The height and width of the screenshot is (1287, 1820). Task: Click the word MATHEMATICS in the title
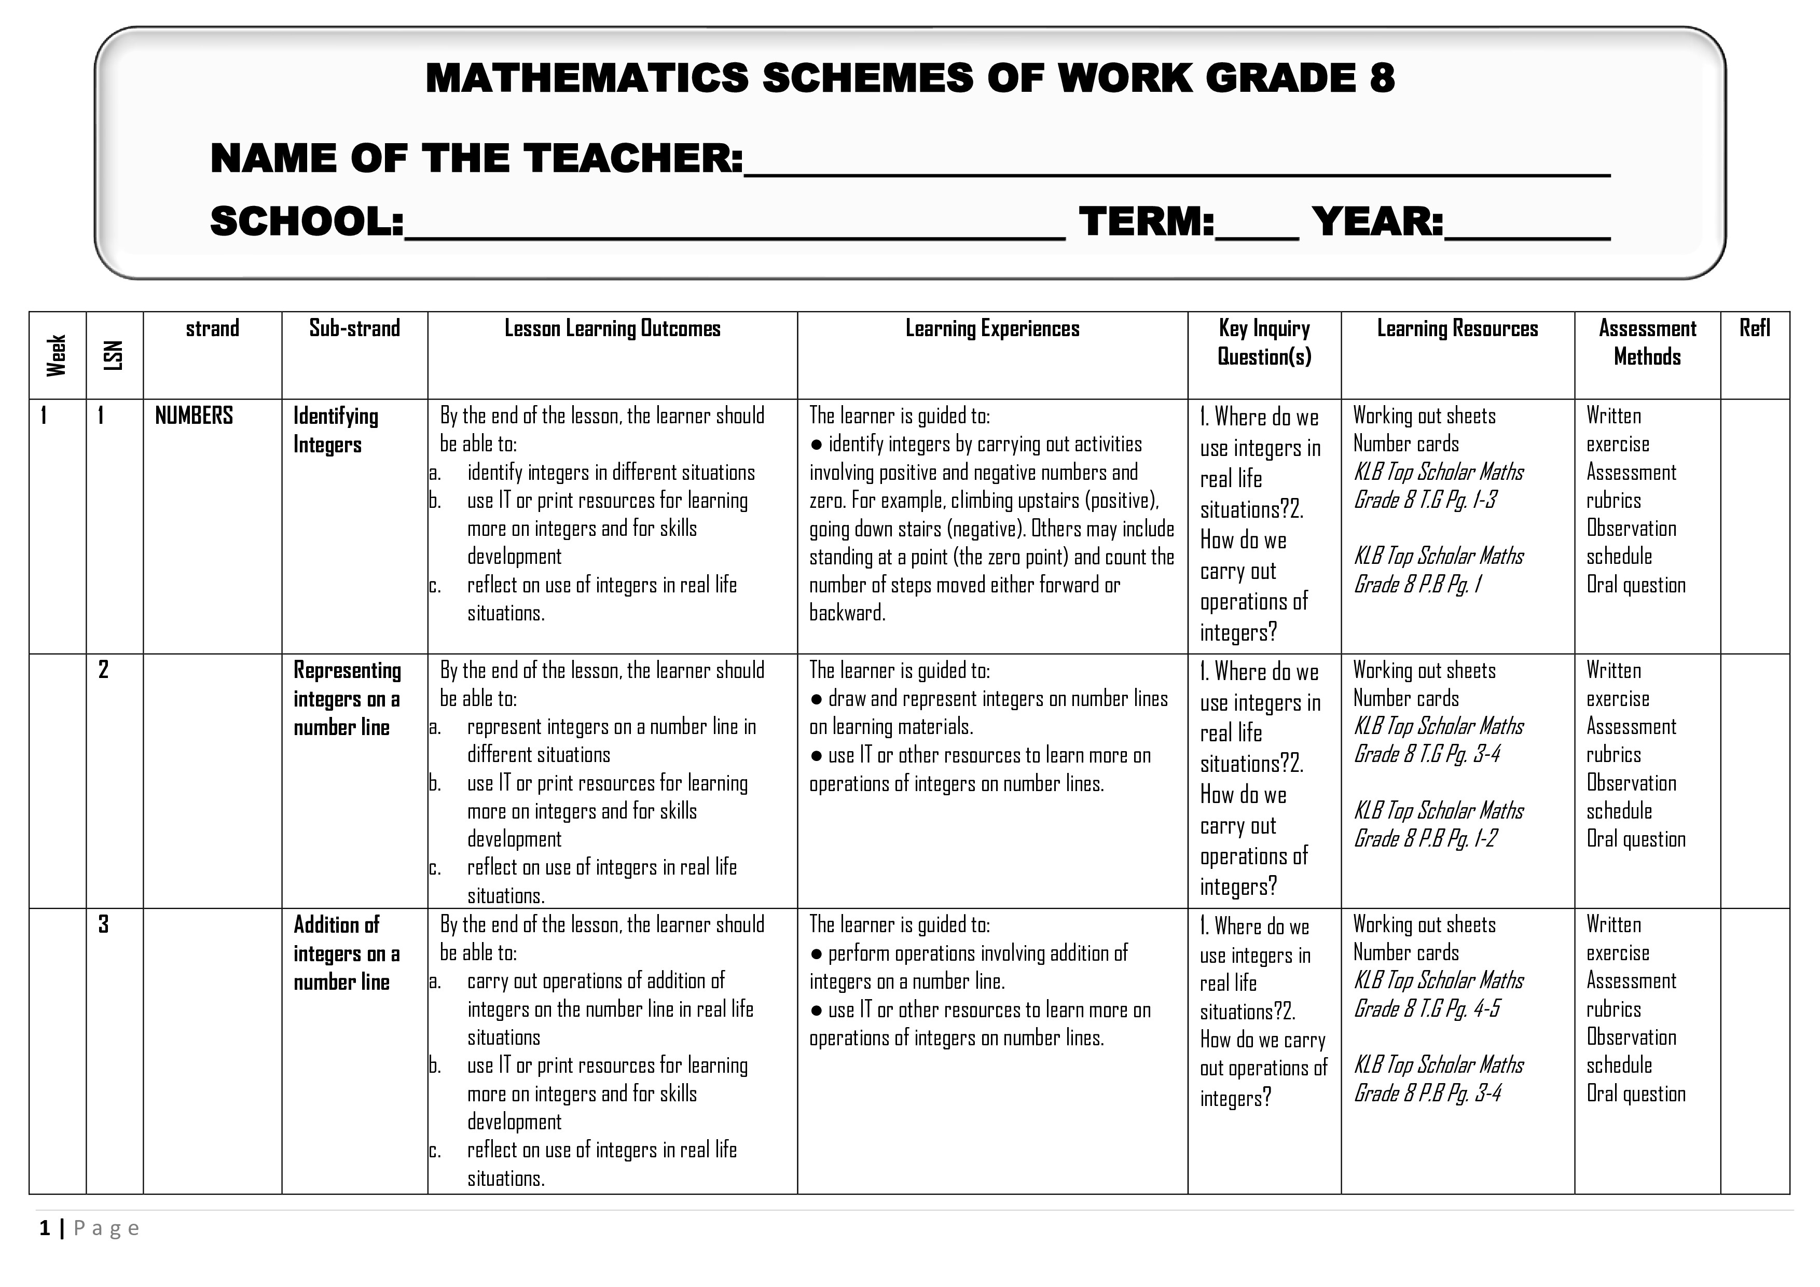coord(587,78)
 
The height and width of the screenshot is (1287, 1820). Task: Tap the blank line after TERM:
coord(1257,226)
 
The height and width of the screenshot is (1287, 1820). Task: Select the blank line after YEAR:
coord(1527,226)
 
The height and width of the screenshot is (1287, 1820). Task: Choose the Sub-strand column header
coord(354,328)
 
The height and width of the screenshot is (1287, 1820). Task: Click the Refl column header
coord(1754,328)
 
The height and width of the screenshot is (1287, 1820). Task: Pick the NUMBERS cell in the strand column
coord(194,416)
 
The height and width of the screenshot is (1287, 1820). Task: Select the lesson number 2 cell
coord(103,670)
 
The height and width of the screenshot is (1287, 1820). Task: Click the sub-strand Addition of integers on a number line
coord(347,953)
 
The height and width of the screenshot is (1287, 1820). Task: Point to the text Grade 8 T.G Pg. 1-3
coord(1425,500)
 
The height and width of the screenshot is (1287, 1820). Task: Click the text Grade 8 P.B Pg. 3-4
coord(1427,1094)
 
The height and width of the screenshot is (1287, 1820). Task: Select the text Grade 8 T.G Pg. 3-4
coord(1427,754)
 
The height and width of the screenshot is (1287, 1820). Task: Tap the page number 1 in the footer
coord(45,1228)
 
